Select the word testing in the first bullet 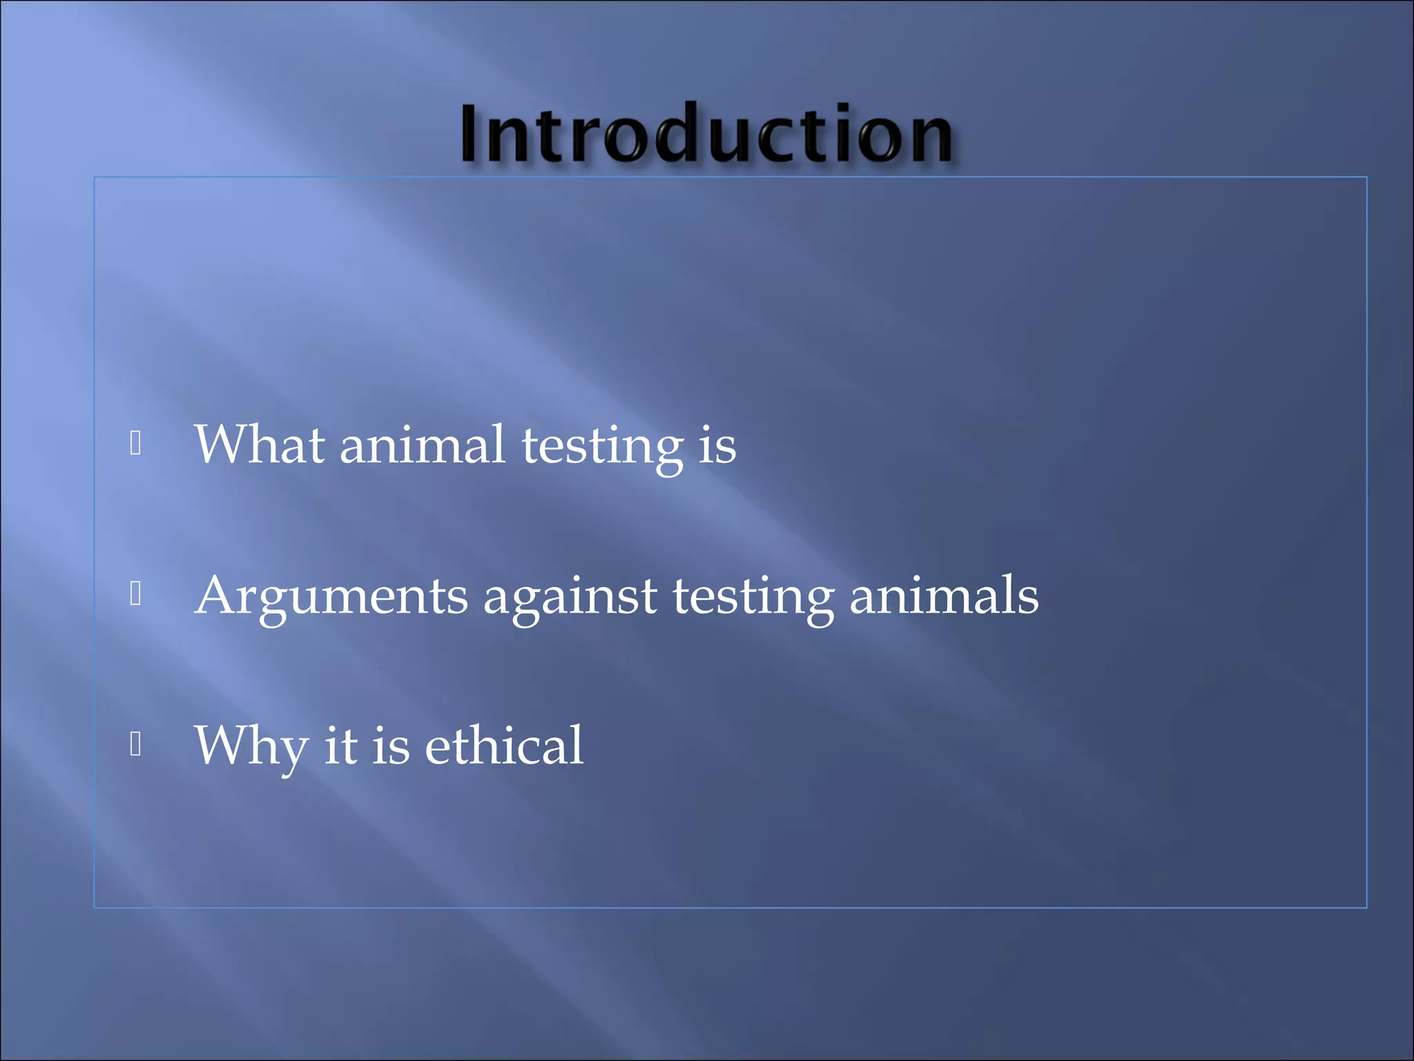tap(602, 447)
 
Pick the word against tap(570, 597)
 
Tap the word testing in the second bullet tap(753, 598)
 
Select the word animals tap(943, 595)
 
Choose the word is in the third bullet tap(391, 746)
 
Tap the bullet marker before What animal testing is tap(135, 443)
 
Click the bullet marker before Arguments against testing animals tap(135, 593)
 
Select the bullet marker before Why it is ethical tap(135, 744)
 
